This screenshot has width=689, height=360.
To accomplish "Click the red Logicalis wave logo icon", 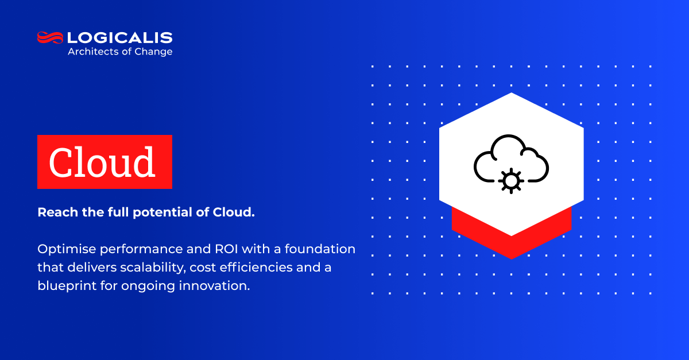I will click(x=50, y=38).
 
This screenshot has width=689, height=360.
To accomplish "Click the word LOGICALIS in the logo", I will click(x=120, y=38).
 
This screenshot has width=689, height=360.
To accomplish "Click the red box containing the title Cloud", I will click(x=104, y=162).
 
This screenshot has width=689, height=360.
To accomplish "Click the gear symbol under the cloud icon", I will click(x=510, y=180).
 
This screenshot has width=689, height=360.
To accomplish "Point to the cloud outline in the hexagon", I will click(x=511, y=150).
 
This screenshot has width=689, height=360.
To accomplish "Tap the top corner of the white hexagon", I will click(x=511, y=94).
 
